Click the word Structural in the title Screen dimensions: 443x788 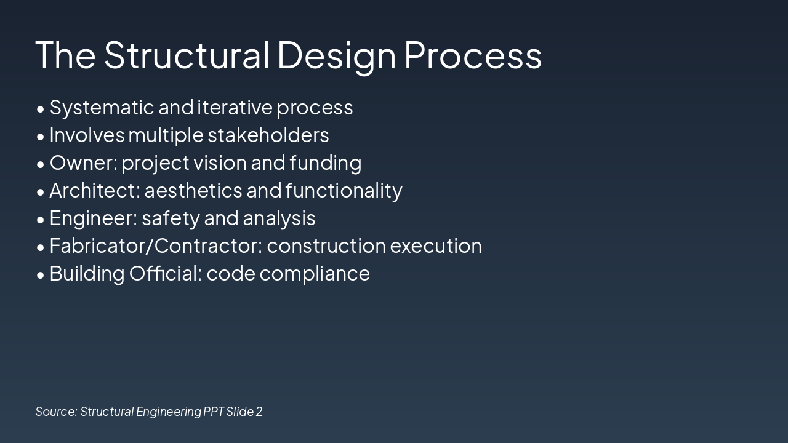click(x=187, y=55)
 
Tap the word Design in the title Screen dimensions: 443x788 click(x=337, y=55)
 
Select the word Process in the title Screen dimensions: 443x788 click(x=473, y=55)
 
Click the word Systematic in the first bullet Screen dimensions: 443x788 click(x=102, y=108)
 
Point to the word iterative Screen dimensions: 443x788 click(x=235, y=108)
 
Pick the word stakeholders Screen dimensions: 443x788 click(x=268, y=135)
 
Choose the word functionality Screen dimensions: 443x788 click(x=344, y=191)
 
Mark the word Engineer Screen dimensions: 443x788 click(x=93, y=218)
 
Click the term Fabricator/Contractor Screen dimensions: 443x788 click(x=155, y=246)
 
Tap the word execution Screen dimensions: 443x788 click(x=436, y=246)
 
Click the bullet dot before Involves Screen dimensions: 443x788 click(x=41, y=136)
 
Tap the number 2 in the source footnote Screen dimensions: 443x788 click(x=259, y=412)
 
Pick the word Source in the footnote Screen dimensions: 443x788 click(x=56, y=412)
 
